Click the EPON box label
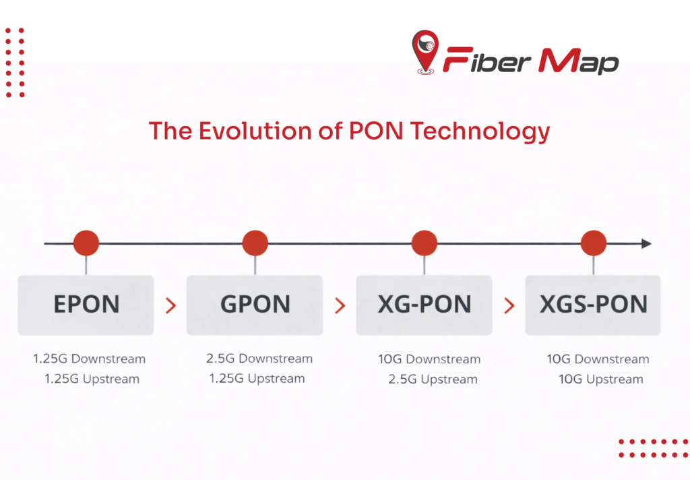(86, 305)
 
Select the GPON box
(255, 305)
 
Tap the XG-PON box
(425, 305)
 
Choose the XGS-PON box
(593, 305)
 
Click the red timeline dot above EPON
(86, 243)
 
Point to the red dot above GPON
(255, 243)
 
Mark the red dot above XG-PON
(425, 243)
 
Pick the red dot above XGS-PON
(594, 243)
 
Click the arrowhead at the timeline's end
(646, 243)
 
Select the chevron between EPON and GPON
(170, 305)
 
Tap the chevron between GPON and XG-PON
(340, 305)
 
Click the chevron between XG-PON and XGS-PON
(509, 305)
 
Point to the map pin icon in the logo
(425, 52)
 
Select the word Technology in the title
(480, 132)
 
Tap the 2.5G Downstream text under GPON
(259, 359)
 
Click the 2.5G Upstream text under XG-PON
(433, 379)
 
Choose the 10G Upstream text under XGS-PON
(600, 379)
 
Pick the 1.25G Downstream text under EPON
(90, 359)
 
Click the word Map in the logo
(579, 61)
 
